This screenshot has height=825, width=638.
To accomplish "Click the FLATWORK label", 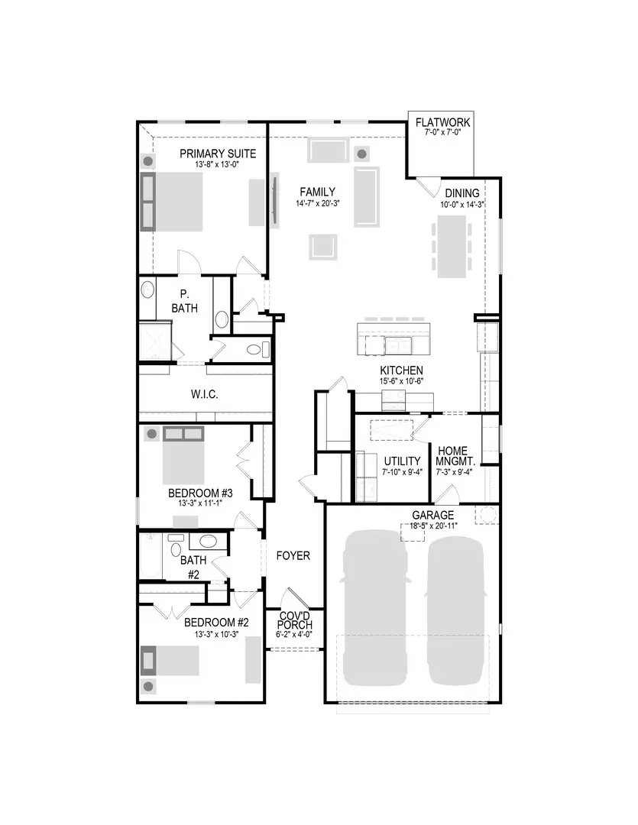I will coord(442,122).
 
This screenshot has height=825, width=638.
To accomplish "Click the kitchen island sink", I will coord(396,346).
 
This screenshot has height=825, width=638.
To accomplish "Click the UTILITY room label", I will coord(402,461).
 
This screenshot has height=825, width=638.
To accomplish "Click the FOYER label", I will coord(293,555).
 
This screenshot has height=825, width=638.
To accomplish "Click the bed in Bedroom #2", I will coord(176,660).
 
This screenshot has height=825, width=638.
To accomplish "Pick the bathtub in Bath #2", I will coord(151,557).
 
